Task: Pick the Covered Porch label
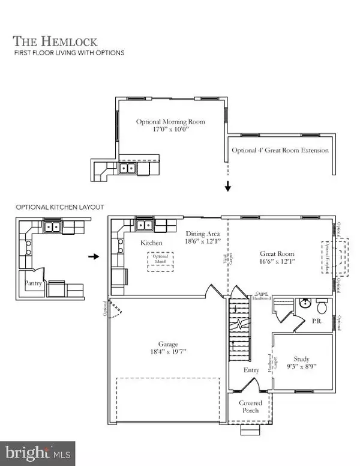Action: (x=250, y=407)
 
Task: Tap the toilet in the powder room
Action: (x=321, y=307)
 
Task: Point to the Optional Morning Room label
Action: (x=170, y=122)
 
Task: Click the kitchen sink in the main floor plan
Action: (x=145, y=226)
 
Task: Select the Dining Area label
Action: (x=202, y=234)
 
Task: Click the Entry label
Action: (x=251, y=370)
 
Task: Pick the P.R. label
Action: (x=317, y=321)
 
